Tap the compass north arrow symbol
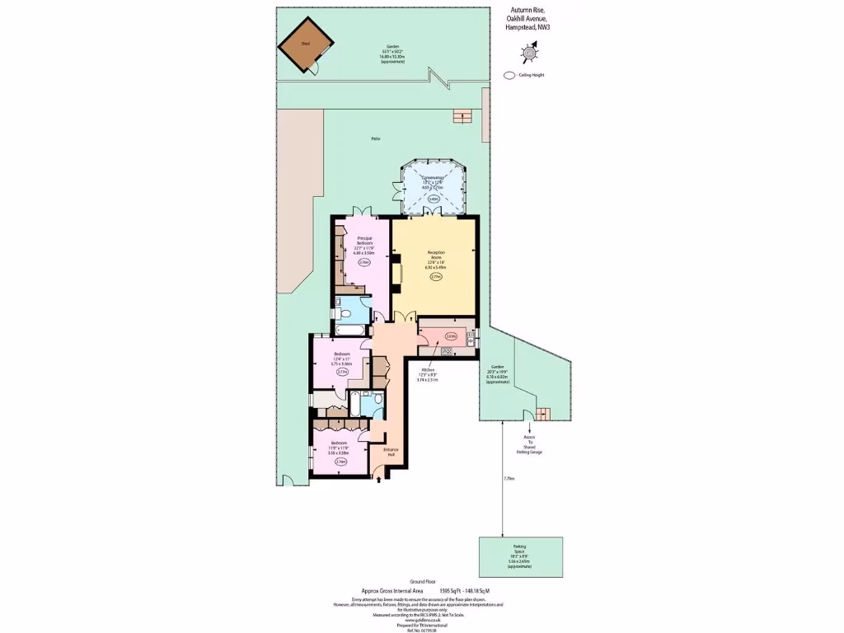coord(528,54)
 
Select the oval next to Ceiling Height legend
coord(509,75)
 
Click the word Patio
coord(376,138)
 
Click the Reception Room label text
coord(436,255)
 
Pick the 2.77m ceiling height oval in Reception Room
coord(436,277)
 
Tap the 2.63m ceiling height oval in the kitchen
coord(451,336)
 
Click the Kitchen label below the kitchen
coord(428,369)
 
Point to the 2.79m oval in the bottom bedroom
coord(340,462)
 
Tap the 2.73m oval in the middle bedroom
coord(342,372)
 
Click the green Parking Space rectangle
coord(521,557)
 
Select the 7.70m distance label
coord(509,478)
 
